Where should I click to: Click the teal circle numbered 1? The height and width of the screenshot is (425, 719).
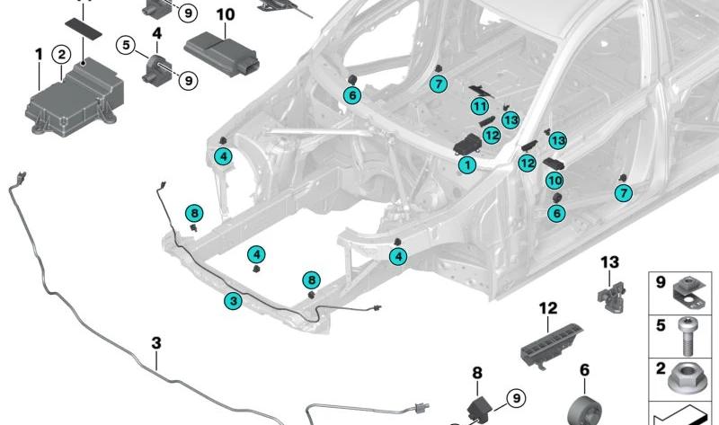pyautogui.click(x=466, y=165)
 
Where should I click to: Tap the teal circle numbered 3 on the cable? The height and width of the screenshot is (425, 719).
pyautogui.click(x=233, y=302)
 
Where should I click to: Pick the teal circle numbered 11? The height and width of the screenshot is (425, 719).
pyautogui.click(x=480, y=107)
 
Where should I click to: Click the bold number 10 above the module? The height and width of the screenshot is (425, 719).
pyautogui.click(x=225, y=14)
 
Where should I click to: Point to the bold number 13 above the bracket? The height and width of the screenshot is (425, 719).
pyautogui.click(x=609, y=261)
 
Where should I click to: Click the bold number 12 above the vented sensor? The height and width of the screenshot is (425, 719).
pyautogui.click(x=548, y=308)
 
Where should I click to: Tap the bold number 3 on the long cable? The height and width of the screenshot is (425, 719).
pyautogui.click(x=155, y=342)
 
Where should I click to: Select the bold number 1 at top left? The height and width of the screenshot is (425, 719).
pyautogui.click(x=39, y=55)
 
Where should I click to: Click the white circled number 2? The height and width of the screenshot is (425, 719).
pyautogui.click(x=61, y=56)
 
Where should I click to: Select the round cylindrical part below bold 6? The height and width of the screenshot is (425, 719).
pyautogui.click(x=582, y=409)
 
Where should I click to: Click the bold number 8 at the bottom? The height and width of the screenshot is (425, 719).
pyautogui.click(x=476, y=371)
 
